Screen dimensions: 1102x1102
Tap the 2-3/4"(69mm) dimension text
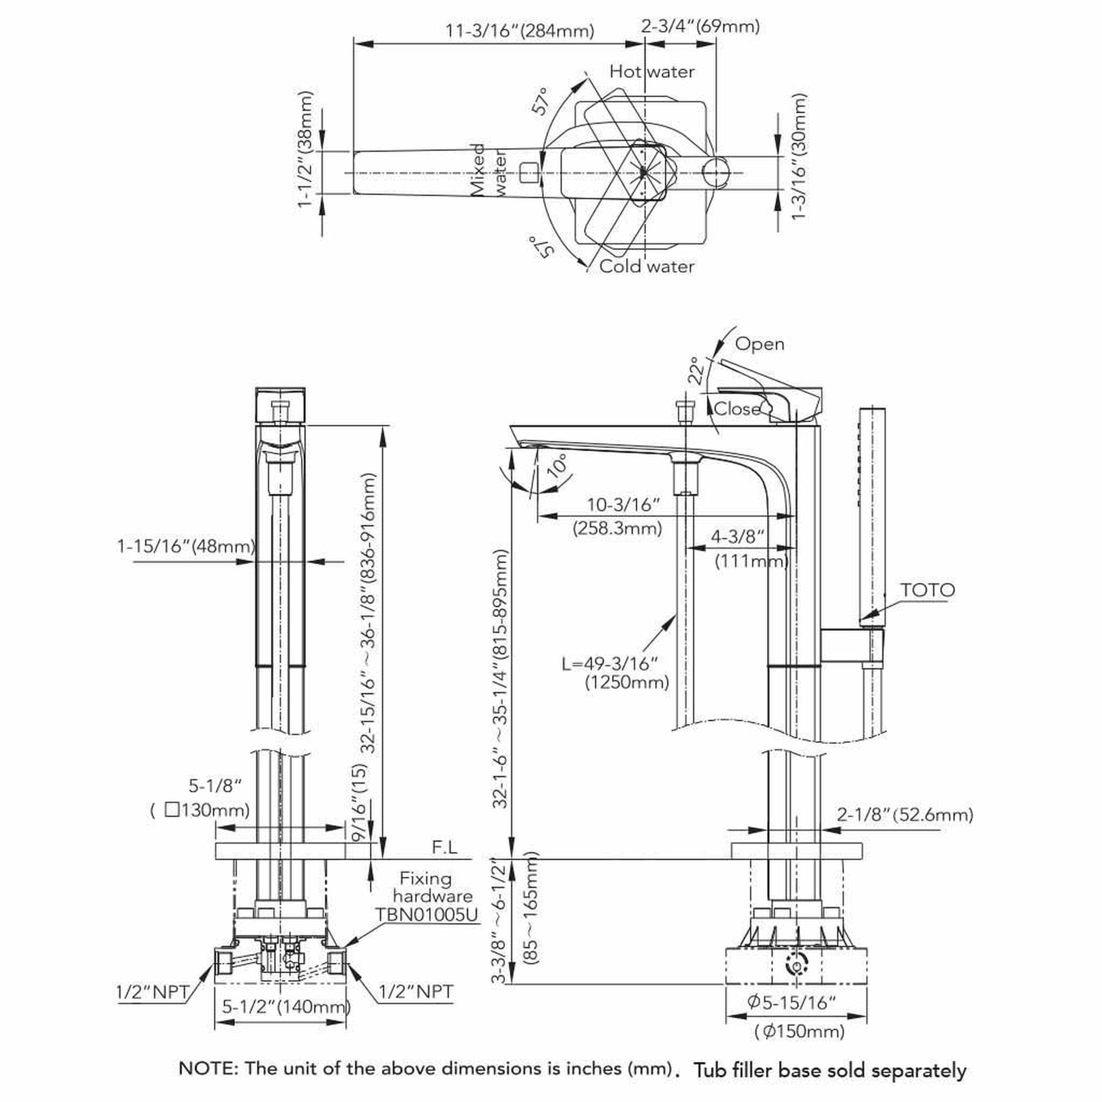(701, 25)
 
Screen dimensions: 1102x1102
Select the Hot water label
(652, 71)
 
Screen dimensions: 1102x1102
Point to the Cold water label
(647, 266)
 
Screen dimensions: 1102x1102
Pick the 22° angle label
(695, 371)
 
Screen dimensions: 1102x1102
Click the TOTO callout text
(928, 590)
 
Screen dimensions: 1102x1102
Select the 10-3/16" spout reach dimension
(623, 504)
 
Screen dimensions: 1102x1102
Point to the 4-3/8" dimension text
(737, 536)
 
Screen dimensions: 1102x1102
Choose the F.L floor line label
(445, 847)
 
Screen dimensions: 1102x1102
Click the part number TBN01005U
(427, 915)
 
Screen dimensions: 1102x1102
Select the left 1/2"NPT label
(152, 992)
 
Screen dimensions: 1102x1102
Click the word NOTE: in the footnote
(208, 1069)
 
